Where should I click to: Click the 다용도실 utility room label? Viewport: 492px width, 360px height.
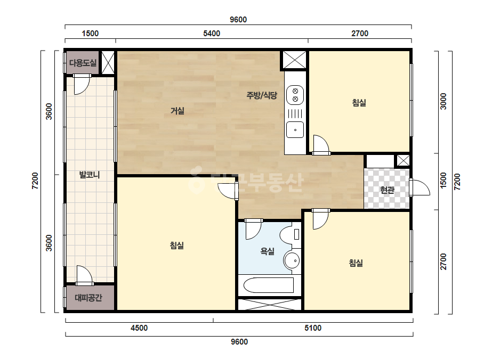point(83,63)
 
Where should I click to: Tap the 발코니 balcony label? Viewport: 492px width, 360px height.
point(90,175)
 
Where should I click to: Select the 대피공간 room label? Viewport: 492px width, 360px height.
point(88,298)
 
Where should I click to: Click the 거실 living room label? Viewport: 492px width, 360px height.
point(178,111)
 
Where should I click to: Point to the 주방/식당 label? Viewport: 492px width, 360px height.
point(262,95)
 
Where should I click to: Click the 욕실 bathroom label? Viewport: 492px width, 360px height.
point(268,251)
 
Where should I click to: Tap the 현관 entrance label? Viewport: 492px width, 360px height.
point(387,190)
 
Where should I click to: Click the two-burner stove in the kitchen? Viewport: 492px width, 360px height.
point(295,95)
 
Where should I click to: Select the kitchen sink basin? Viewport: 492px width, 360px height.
point(295,129)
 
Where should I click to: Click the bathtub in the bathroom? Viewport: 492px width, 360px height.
point(269,285)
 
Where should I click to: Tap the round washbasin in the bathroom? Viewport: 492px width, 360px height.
point(292,260)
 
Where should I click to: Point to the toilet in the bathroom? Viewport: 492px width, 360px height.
point(290,234)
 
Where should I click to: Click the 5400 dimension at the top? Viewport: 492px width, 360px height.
point(212,34)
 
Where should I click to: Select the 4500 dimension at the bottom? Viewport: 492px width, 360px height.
point(139,328)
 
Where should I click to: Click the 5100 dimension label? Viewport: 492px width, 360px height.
point(313,328)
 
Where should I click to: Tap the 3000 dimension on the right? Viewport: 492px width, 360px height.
point(443,101)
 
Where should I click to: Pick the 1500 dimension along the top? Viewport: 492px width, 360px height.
point(90,34)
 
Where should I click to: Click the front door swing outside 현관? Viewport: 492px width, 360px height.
point(420,187)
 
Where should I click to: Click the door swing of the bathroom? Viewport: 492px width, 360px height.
point(254,230)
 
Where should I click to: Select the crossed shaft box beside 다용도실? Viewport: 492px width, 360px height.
point(108,62)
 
